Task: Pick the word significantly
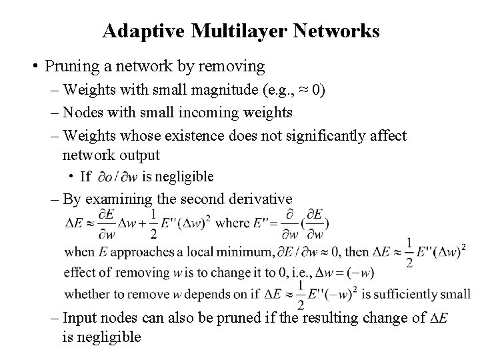pos(330,136)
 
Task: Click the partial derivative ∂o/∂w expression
pos(117,177)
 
